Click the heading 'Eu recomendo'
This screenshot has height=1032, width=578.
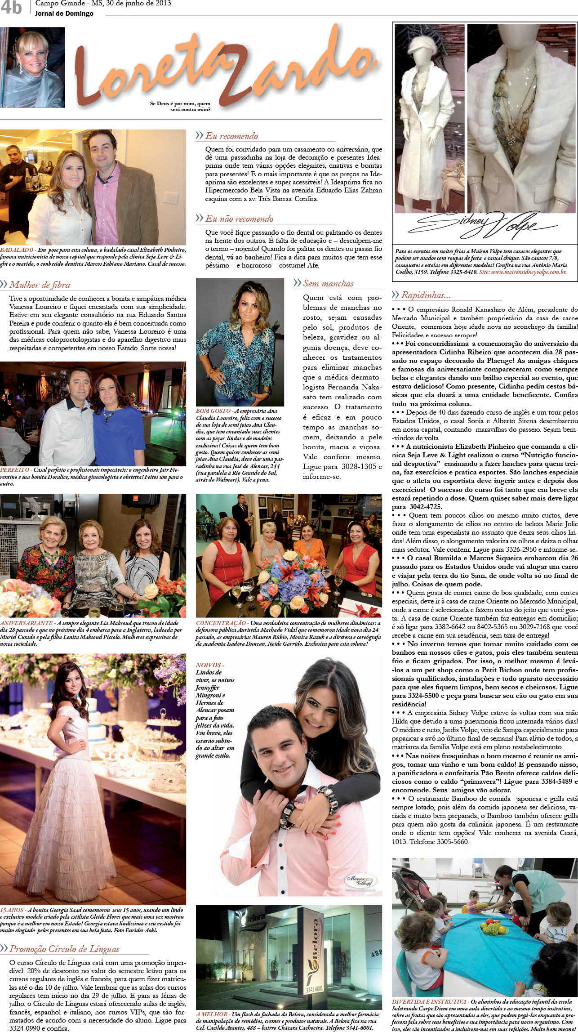(231, 136)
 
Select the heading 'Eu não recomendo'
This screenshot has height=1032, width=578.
(239, 219)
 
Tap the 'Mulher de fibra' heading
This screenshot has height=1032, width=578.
(40, 285)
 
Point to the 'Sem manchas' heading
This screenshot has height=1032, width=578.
(328, 283)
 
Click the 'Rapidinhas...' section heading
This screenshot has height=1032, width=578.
(426, 295)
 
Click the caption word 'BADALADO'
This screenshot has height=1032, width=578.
(17, 250)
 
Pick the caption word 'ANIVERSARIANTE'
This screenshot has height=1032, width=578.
(27, 623)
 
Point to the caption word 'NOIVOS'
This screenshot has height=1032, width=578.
(209, 665)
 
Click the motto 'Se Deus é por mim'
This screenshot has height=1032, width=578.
(180, 104)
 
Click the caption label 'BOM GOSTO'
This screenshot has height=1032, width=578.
(213, 411)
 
